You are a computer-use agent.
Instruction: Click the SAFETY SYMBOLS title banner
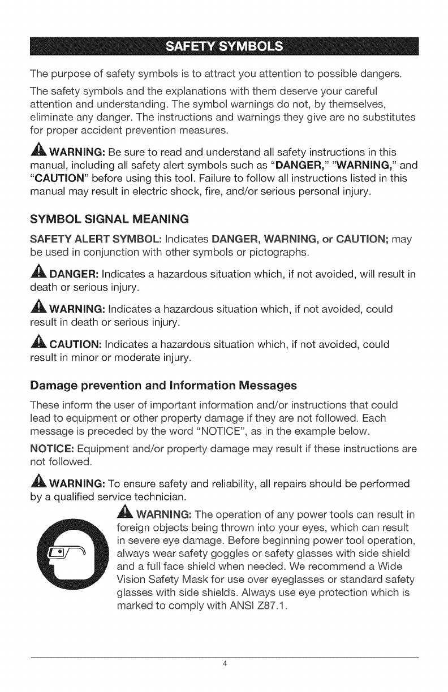tap(224, 46)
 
